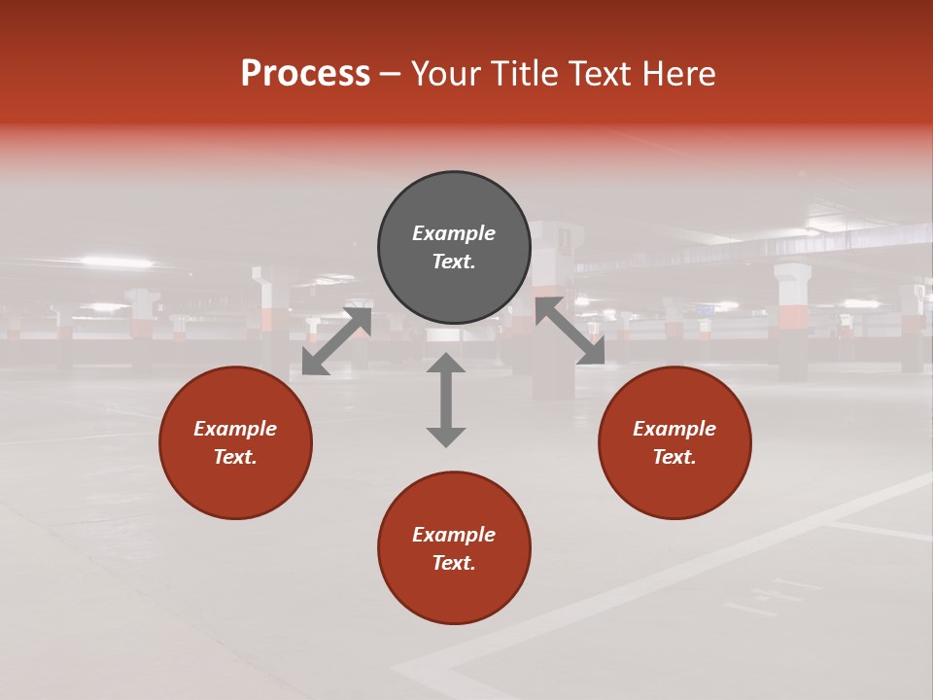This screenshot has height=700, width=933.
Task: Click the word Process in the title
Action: coord(305,74)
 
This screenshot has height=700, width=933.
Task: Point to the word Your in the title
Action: coord(445,74)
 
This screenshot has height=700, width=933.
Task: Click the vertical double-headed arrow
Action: coord(446,400)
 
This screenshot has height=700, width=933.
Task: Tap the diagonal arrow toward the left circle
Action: coord(336,340)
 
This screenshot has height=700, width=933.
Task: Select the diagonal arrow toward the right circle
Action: coord(570,332)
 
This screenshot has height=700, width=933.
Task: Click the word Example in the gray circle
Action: coord(454,233)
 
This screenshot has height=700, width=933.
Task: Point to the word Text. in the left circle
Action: coord(235,457)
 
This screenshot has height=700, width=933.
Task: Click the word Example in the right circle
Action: coord(674,429)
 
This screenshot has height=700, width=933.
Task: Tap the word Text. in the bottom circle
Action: coord(454,563)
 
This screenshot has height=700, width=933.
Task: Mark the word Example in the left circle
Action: coord(235,429)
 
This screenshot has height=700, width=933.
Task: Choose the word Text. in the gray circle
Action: coord(454,262)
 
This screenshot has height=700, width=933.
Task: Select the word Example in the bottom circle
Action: coord(454,535)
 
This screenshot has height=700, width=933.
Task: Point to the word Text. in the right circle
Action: coord(674,457)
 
